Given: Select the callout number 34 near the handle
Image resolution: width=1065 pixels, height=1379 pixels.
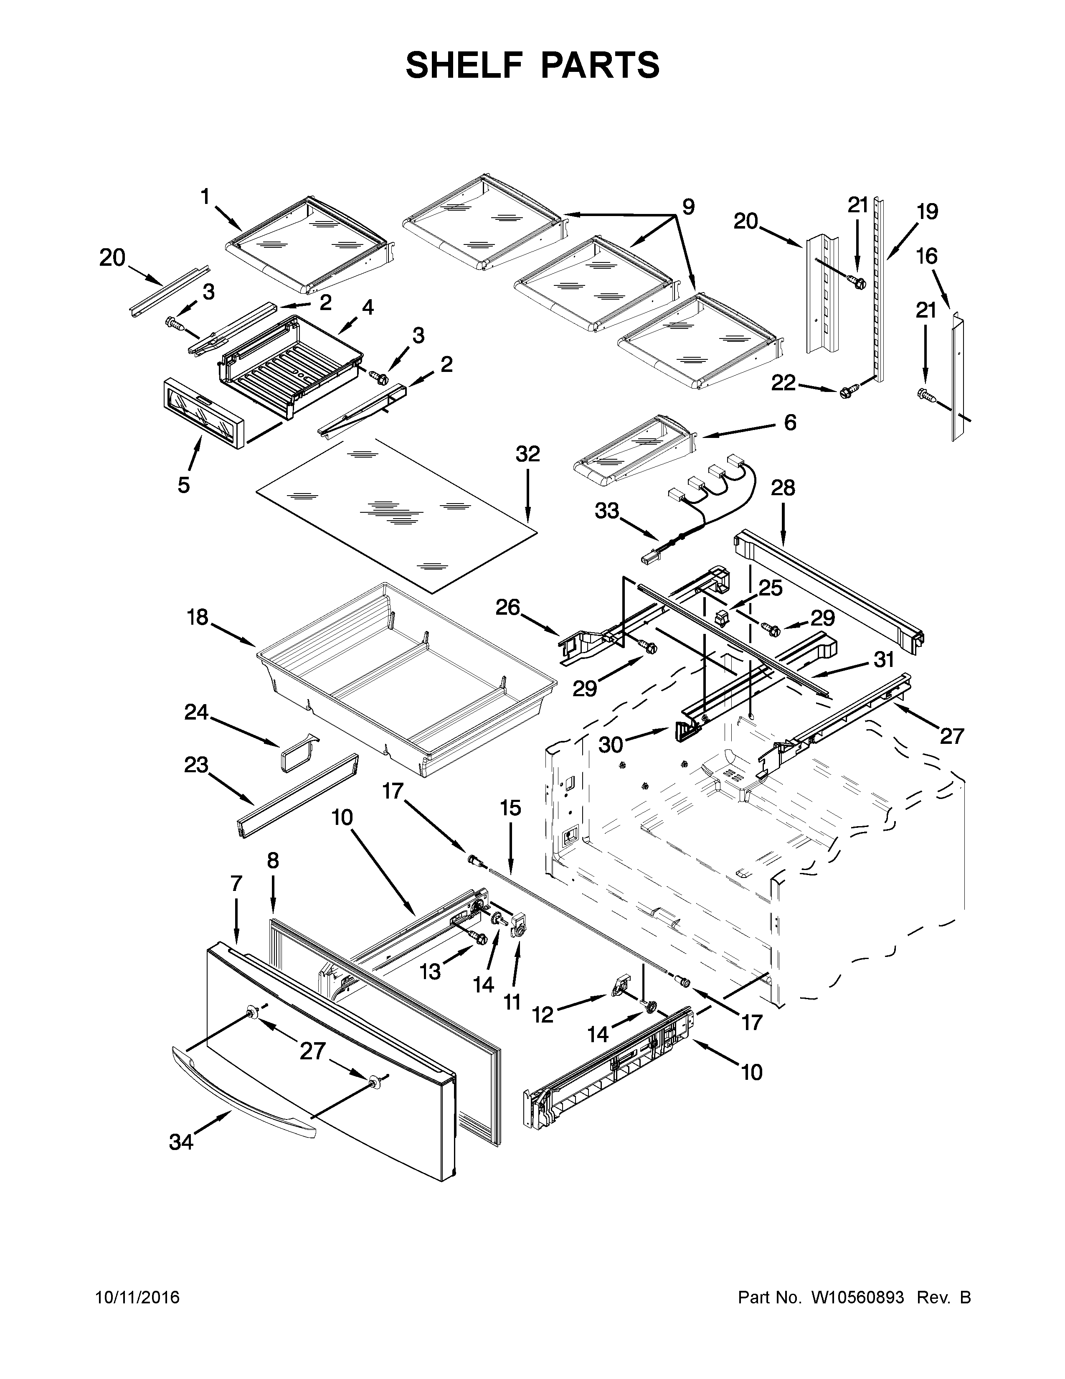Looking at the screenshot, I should pos(181,1142).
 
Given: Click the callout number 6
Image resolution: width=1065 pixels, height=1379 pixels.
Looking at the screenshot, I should pos(790,422).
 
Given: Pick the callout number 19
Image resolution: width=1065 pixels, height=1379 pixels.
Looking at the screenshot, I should pos(927,211).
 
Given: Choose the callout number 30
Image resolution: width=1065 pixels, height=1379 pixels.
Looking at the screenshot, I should pos(611,745).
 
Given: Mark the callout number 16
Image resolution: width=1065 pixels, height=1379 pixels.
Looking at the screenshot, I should pos(927,256).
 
